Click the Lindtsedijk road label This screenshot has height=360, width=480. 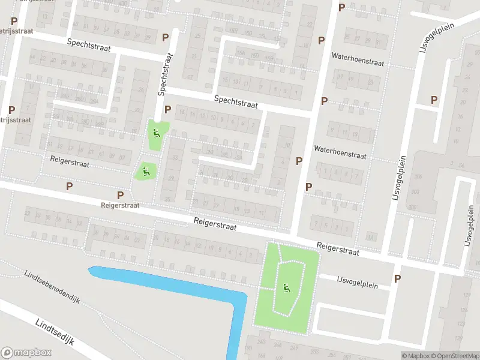click(x=54, y=332)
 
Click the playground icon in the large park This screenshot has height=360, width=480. click(x=286, y=287)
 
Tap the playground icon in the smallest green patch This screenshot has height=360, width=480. click(x=145, y=170)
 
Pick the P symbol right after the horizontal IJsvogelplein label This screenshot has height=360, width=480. click(x=397, y=278)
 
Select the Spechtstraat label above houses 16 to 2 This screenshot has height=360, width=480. click(x=236, y=101)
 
